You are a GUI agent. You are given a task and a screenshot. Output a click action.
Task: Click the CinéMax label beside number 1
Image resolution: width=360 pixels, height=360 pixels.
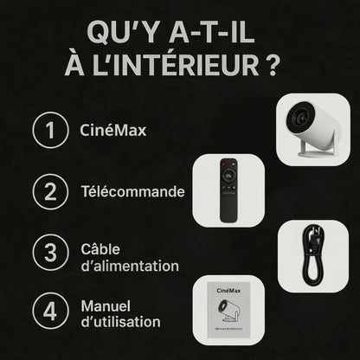coord(108,132)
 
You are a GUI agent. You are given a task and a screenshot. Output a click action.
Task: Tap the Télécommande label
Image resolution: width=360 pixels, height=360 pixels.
coord(132,191)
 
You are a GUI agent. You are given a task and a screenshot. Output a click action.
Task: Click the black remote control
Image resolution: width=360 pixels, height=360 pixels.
coord(228,190)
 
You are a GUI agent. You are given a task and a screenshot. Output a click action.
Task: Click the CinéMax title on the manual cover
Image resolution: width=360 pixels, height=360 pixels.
coord(227,292)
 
